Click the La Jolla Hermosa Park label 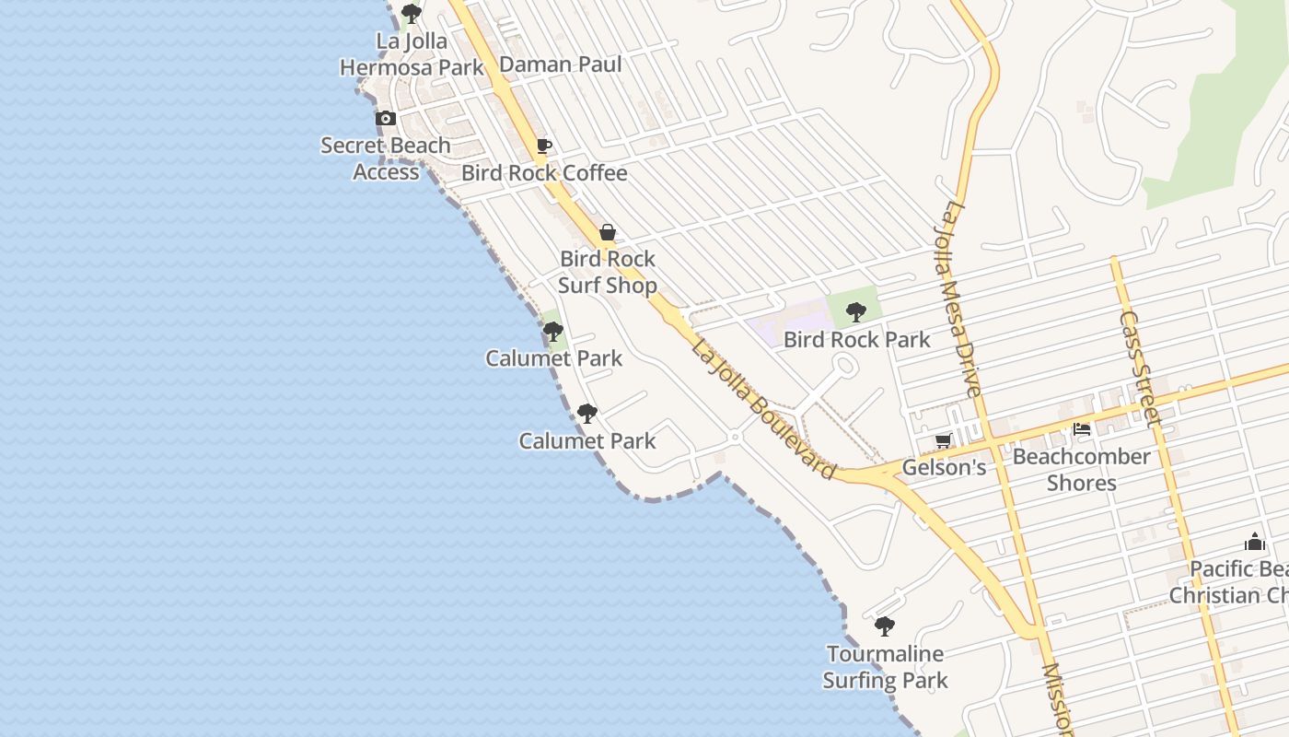[x=412, y=54]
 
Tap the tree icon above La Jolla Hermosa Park [x=412, y=14]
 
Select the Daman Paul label [x=560, y=64]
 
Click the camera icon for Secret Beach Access [x=386, y=119]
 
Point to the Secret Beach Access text [x=386, y=158]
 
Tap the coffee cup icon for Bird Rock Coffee [x=544, y=146]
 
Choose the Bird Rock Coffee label [x=544, y=173]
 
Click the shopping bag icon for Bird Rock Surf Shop [x=608, y=232]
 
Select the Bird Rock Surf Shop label [x=608, y=272]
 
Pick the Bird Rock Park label [x=856, y=339]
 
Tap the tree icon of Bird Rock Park [x=856, y=311]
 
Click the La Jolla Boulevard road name [x=763, y=410]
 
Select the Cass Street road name [x=1140, y=365]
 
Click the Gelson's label [x=944, y=467]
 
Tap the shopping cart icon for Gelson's [x=943, y=441]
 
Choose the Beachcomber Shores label [x=1082, y=469]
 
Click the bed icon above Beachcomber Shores [x=1082, y=429]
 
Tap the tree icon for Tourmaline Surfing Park [x=885, y=627]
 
